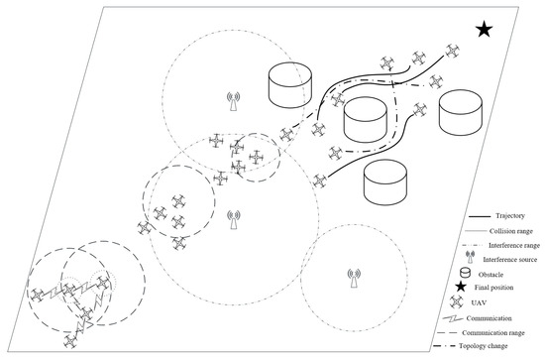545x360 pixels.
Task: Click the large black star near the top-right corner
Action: click(485, 29)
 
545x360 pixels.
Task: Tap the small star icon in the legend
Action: click(461, 287)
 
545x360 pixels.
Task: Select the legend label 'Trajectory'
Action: click(510, 216)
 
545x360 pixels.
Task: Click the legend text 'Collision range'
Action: click(511, 231)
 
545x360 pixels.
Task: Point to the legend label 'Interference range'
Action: click(514, 245)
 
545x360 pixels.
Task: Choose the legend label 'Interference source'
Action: click(510, 260)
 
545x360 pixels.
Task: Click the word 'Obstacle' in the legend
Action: click(490, 275)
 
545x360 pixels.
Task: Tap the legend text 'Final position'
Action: click(493, 288)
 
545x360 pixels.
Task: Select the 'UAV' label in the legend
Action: click(479, 302)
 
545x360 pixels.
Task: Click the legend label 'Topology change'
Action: click(484, 346)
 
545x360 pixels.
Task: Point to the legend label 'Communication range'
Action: click(493, 333)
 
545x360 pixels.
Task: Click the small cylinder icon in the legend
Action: click(465, 273)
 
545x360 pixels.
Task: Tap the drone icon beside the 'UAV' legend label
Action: click(457, 301)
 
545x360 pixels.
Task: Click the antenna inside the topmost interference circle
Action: click(233, 101)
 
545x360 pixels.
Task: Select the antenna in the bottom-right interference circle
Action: click(354, 279)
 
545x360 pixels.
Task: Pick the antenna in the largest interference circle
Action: click(234, 219)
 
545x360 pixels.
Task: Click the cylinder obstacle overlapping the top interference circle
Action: click(290, 85)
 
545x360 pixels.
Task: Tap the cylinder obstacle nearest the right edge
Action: click(461, 112)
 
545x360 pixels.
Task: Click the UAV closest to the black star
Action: click(452, 51)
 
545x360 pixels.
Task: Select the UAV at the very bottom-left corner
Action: click(70, 341)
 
